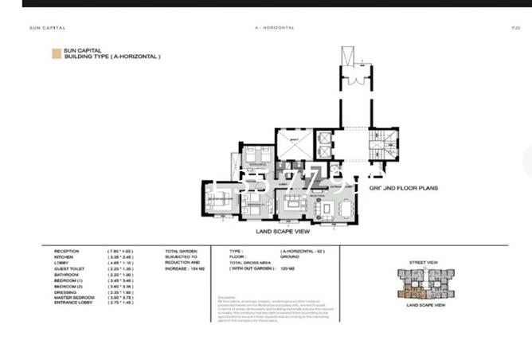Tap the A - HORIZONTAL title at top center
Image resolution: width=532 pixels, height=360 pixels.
tap(274, 27)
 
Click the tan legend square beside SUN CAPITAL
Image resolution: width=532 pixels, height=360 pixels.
tap(56, 53)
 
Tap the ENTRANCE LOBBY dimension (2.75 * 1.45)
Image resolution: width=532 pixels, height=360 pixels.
tap(120, 304)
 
